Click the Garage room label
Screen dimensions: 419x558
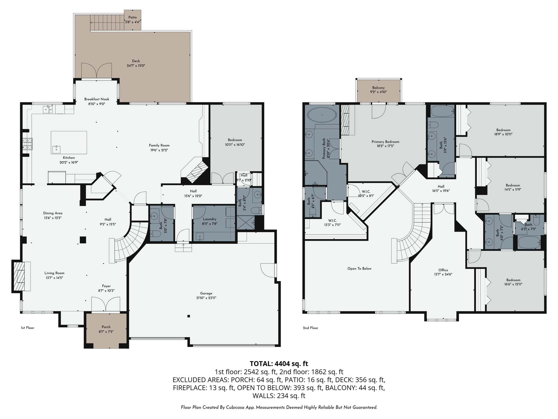[206, 293]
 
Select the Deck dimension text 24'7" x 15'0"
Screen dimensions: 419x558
[136, 66]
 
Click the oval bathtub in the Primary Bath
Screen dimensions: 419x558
[322, 116]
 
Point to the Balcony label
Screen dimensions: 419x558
[378, 88]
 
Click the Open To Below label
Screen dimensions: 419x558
[359, 269]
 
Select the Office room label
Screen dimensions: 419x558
[443, 270]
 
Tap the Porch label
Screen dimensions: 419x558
[106, 327]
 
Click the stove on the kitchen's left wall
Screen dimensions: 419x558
[28, 144]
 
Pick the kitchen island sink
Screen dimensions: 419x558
[56, 149]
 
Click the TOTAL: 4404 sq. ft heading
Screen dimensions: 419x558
[279, 364]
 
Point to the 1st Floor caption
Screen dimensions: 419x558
[28, 328]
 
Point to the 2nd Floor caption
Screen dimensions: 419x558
[310, 328]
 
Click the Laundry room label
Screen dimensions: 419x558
[210, 219]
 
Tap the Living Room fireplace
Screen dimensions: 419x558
[19, 277]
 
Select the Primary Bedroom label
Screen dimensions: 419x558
[385, 142]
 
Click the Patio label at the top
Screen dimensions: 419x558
[133, 17]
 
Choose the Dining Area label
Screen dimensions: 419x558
[53, 213]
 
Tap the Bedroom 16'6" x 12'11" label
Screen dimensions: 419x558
[513, 280]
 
